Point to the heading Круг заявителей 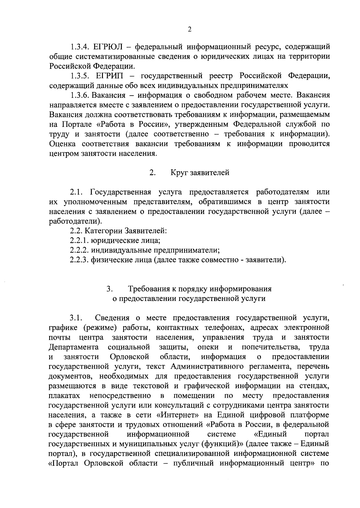[200, 173]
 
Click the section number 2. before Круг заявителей [152, 173]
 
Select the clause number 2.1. [77, 192]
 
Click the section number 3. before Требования [109, 289]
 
